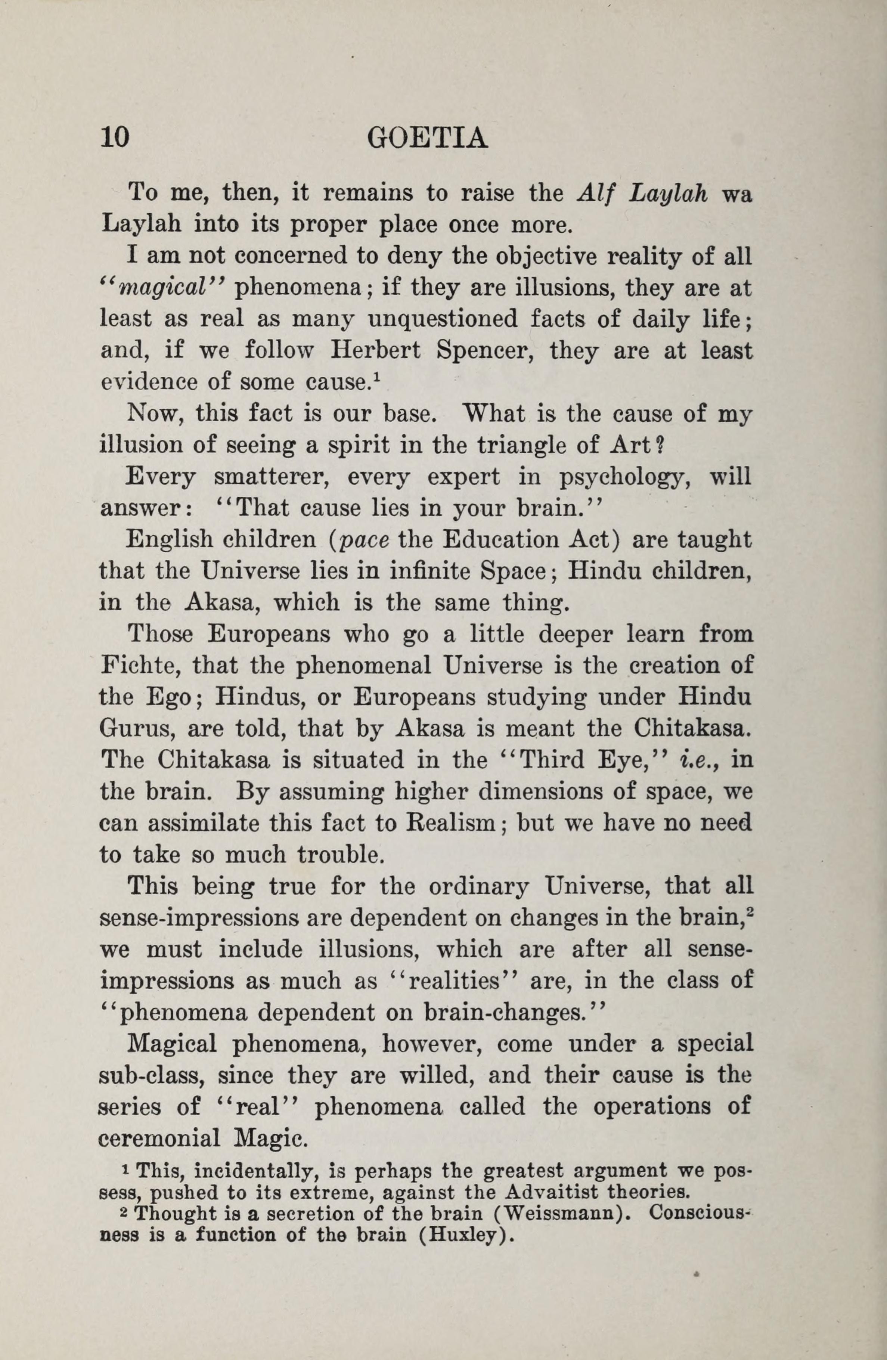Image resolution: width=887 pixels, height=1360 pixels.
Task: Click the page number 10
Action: point(115,138)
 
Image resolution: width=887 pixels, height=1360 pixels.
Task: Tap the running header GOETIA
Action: point(428,138)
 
